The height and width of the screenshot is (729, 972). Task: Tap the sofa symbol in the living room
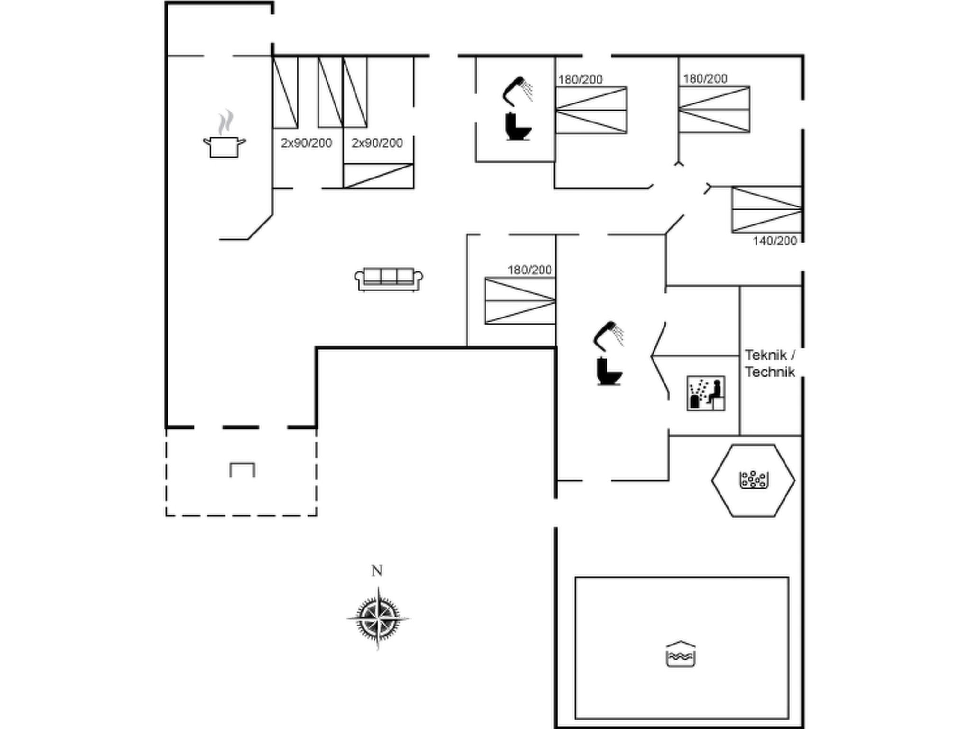click(389, 279)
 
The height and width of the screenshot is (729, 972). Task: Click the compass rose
click(378, 618)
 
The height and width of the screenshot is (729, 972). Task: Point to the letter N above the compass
click(377, 571)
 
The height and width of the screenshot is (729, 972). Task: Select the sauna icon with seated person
click(706, 393)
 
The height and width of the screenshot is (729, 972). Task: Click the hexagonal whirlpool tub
click(753, 480)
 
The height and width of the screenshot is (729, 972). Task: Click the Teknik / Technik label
click(769, 364)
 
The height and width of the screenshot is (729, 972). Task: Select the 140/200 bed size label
click(775, 241)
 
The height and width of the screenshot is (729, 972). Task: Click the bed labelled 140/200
click(766, 209)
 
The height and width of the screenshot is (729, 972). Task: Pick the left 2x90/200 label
click(306, 143)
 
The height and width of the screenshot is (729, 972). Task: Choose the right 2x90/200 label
click(377, 143)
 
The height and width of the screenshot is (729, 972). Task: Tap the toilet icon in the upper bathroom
click(517, 127)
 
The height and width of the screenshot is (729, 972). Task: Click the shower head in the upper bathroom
click(517, 91)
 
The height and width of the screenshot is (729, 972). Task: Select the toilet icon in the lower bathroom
click(608, 371)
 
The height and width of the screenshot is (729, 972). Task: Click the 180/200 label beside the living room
click(529, 270)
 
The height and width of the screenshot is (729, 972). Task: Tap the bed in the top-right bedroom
click(714, 109)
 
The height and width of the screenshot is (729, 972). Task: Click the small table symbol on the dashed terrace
click(242, 470)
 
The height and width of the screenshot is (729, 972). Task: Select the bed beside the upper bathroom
click(591, 110)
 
